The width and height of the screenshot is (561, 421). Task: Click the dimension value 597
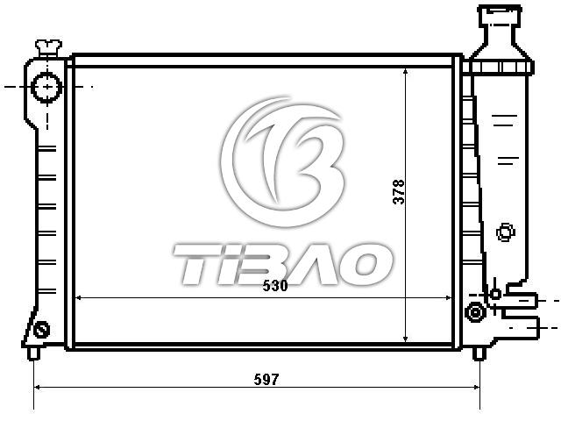click(266, 380)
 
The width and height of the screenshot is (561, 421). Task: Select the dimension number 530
click(275, 286)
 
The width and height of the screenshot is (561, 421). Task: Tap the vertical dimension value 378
click(399, 192)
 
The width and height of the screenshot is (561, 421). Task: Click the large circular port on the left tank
click(46, 87)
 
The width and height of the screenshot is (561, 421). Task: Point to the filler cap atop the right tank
click(499, 14)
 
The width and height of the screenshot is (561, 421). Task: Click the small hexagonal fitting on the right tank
click(506, 232)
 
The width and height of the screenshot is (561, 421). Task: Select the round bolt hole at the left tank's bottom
click(41, 330)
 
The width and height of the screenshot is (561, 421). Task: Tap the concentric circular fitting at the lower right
click(475, 312)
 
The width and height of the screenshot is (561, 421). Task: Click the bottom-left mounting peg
click(33, 353)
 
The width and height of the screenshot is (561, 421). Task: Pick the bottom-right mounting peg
click(479, 353)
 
